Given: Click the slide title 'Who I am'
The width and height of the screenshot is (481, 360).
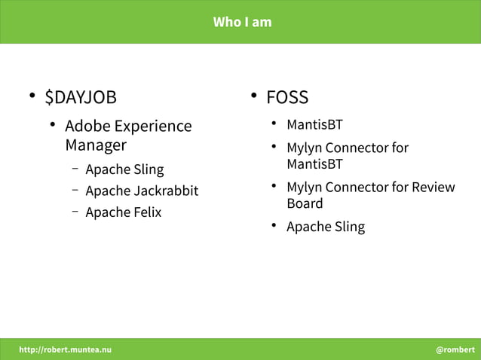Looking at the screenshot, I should click(x=242, y=22).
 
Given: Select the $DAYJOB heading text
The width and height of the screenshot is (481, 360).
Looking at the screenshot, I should click(x=81, y=97).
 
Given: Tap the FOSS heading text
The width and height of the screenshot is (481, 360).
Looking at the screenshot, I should click(x=287, y=97).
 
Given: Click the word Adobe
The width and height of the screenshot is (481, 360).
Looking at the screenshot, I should click(x=87, y=126).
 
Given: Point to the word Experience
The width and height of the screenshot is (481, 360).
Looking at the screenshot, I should click(x=152, y=127).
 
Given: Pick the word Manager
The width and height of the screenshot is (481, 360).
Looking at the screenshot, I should click(x=96, y=145).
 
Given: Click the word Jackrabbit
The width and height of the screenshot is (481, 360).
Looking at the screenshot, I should click(x=165, y=191).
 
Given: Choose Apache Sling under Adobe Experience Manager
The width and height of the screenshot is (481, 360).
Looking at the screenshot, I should click(x=124, y=169).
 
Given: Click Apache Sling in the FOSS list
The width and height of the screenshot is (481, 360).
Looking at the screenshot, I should click(x=326, y=227).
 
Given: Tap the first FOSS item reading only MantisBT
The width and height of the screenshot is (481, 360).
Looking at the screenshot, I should click(x=314, y=124).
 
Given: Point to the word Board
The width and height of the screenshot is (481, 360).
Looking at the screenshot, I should click(x=305, y=203).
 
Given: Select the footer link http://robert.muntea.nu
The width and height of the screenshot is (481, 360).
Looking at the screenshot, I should click(x=65, y=349).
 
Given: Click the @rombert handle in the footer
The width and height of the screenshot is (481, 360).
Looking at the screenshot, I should click(x=455, y=349).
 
